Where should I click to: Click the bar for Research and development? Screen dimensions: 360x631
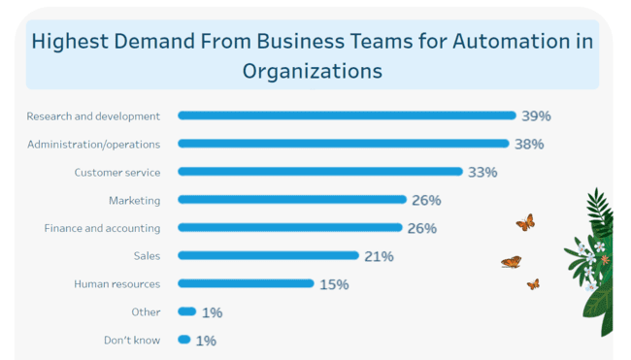[347, 115]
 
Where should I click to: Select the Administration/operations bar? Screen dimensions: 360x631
[343, 144]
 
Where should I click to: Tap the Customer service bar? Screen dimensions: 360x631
[320, 172]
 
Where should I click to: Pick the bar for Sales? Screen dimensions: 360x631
[268, 256]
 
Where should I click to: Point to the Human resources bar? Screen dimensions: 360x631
[246, 284]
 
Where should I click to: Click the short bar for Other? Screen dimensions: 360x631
[187, 311]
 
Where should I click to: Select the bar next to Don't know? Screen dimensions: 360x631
[183, 340]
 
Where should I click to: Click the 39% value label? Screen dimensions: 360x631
[536, 115]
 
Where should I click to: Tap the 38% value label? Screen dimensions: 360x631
[529, 144]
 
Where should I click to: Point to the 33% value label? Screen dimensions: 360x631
[482, 172]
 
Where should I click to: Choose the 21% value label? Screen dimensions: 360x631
[379, 256]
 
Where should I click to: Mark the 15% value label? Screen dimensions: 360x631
[334, 284]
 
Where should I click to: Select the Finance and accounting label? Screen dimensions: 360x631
[102, 228]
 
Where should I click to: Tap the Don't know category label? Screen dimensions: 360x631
[132, 340]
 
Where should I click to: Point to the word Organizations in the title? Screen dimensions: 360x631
[312, 71]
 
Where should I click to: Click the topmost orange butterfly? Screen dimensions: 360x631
[525, 222]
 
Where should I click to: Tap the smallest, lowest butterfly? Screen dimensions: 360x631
[533, 284]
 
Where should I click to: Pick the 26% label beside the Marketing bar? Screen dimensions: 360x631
[426, 200]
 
